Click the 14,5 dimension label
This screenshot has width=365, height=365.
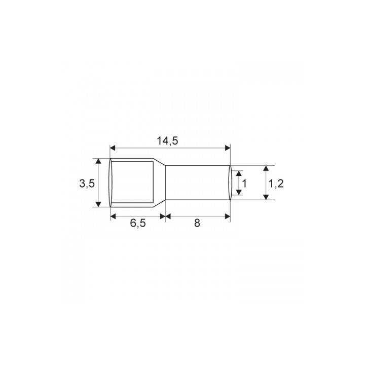point(167,141)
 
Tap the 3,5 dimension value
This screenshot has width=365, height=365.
point(87,184)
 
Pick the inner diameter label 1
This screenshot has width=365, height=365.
point(244,184)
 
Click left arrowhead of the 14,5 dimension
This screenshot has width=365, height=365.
point(113,148)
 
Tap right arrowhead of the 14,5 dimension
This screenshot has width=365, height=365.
point(228,148)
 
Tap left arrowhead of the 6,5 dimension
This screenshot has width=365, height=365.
point(113,216)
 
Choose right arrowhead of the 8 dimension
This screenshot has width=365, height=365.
point(228,216)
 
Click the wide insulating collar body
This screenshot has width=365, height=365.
point(132,182)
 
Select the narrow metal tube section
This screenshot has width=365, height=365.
point(198,182)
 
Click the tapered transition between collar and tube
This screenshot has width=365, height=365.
point(160,182)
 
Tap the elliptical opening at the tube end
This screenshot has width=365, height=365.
point(231,182)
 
